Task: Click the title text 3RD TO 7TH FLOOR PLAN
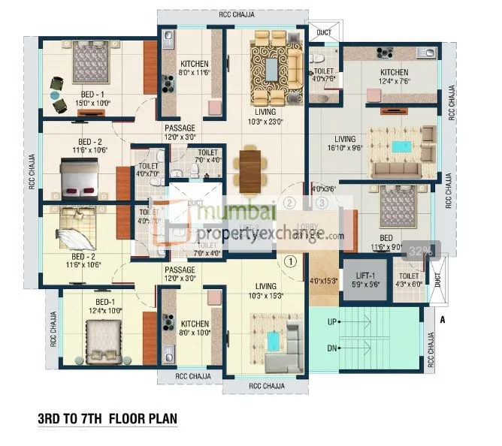107,417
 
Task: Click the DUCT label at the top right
324,33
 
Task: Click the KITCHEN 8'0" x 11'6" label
194,68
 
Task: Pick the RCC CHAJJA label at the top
231,14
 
